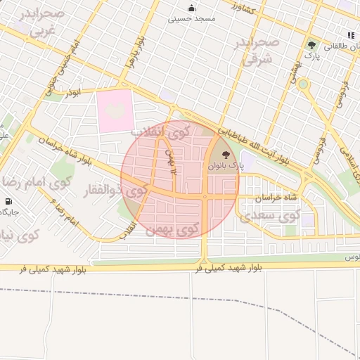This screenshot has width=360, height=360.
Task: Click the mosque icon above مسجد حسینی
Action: tap(192, 8)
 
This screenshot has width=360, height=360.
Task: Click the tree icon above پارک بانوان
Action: tap(226, 154)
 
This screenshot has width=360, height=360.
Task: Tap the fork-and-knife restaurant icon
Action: tap(350, 35)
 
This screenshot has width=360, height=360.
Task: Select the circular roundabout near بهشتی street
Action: tap(303, 84)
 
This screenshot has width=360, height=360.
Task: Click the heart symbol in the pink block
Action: tap(114, 110)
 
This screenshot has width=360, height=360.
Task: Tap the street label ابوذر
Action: tap(74, 92)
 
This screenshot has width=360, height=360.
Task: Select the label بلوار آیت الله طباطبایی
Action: tap(253, 145)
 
